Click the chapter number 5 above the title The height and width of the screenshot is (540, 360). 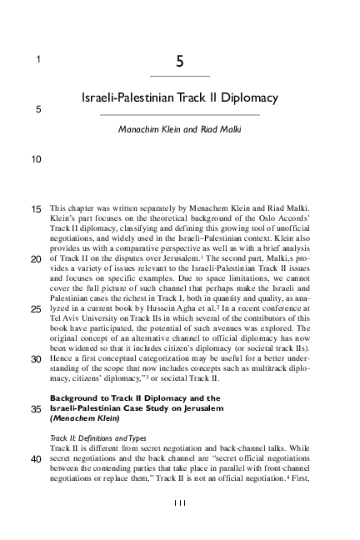pyautogui.click(x=180, y=61)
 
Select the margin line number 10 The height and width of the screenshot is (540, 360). pyautogui.click(x=36, y=157)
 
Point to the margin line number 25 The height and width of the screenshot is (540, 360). pyautogui.click(x=36, y=310)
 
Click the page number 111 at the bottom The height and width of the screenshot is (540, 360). pyautogui.click(x=179, y=502)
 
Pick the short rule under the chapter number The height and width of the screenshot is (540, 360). pyautogui.click(x=180, y=76)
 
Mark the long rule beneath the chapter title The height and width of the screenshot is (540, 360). pyautogui.click(x=180, y=114)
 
